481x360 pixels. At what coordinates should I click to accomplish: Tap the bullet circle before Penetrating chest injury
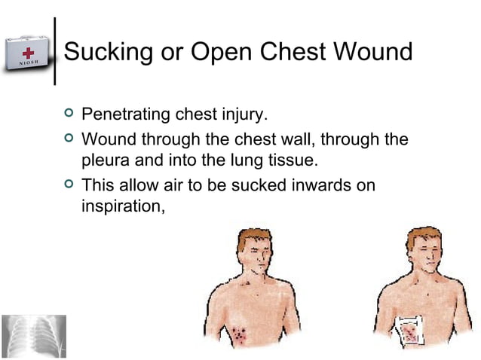pyautogui.click(x=69, y=114)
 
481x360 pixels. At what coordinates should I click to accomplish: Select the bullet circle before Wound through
pyautogui.click(x=69, y=139)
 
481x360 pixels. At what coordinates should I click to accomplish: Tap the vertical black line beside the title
pyautogui.click(x=55, y=51)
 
